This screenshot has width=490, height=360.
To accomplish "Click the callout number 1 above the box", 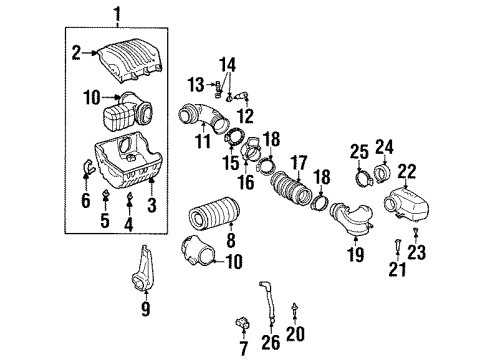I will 118,13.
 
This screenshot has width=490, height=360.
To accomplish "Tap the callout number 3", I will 151,205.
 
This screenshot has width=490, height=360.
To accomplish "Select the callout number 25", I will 360,151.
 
